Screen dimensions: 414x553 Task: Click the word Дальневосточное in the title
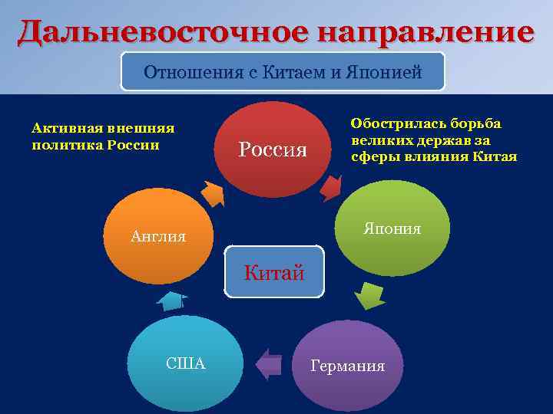tap(149, 32)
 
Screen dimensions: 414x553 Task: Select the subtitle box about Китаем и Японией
tap(283, 74)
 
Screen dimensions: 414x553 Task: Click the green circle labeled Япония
tap(392, 228)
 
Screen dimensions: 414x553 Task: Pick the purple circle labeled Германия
tap(348, 365)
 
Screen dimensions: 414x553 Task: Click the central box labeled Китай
tap(274, 272)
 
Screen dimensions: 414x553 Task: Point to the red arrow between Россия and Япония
tap(331, 187)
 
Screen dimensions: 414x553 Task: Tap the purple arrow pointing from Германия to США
tap(269, 363)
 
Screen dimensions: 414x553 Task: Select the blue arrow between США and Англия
tap(172, 301)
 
